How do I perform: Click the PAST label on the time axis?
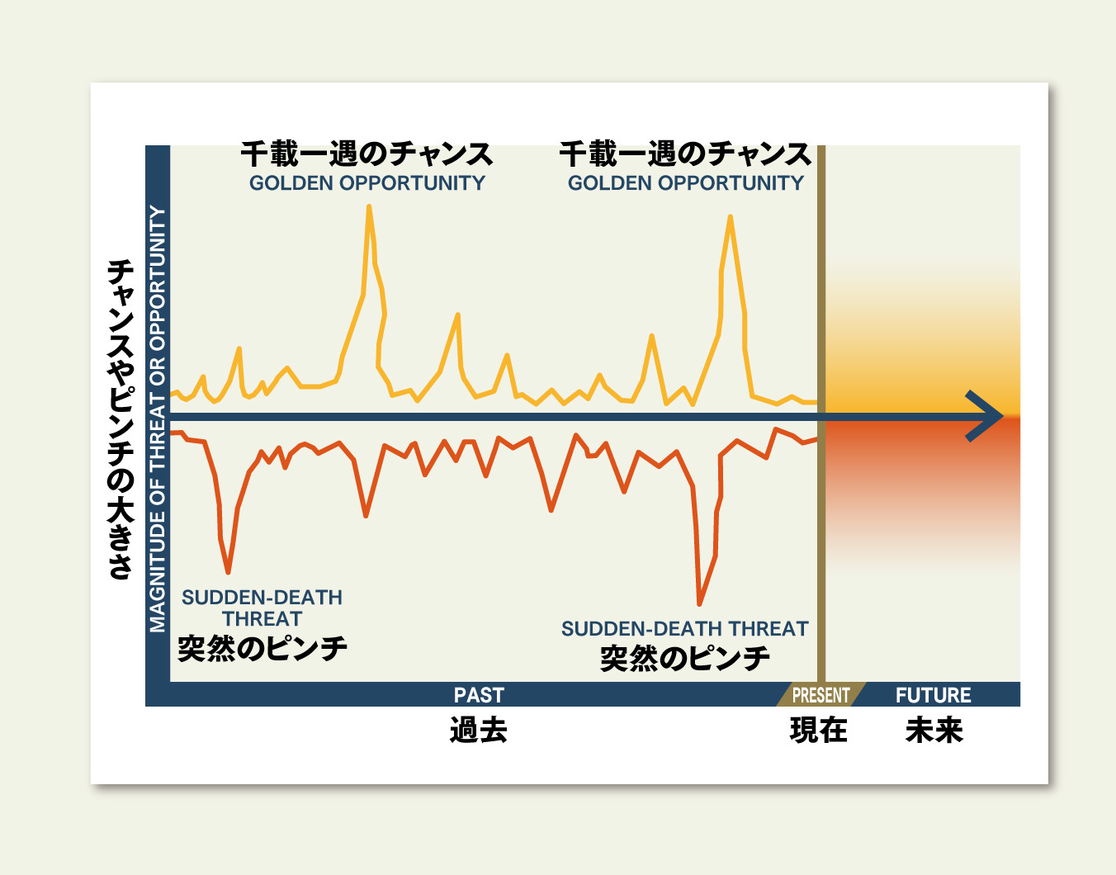click(479, 695)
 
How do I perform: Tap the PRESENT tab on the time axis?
click(820, 695)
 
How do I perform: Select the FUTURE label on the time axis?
click(934, 695)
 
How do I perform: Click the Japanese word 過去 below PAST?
click(479, 731)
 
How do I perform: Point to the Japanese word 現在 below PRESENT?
click(819, 731)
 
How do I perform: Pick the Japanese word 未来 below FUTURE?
click(934, 731)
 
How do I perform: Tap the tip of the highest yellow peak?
click(369, 206)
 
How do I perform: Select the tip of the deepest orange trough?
click(699, 604)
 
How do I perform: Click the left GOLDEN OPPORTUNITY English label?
click(367, 183)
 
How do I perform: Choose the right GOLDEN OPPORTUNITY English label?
click(686, 183)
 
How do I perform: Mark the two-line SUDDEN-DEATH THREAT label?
click(262, 608)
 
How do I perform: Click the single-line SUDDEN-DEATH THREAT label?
click(685, 629)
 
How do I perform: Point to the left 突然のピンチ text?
click(262, 649)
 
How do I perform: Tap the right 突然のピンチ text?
click(685, 659)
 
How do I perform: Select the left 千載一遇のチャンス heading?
click(367, 154)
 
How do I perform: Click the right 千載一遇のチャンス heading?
click(686, 154)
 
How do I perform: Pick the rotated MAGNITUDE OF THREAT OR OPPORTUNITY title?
click(158, 419)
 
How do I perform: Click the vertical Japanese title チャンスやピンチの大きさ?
click(121, 420)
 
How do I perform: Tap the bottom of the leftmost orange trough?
click(228, 572)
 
